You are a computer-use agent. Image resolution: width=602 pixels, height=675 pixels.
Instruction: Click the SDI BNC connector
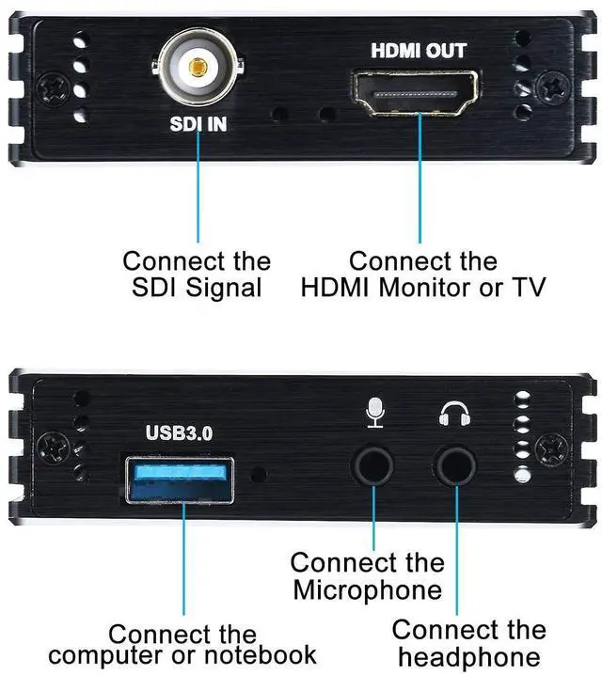[x=198, y=69]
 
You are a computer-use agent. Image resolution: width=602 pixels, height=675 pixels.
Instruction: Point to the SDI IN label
[x=198, y=123]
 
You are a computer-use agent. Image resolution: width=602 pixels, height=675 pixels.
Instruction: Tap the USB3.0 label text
[x=180, y=433]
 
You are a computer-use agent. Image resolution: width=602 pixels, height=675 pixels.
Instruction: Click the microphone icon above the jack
[x=375, y=414]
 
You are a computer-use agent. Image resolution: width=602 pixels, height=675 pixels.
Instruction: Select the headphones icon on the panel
[x=455, y=414]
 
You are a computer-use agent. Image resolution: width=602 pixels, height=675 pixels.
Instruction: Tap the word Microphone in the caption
[x=367, y=589]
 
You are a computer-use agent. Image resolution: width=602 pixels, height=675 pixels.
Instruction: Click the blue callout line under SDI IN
[x=198, y=188]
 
